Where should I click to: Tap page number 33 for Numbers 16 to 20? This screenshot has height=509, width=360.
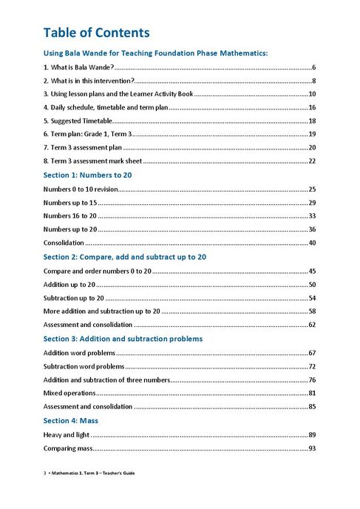[312, 216]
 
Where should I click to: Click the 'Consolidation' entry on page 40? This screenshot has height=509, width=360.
[64, 243]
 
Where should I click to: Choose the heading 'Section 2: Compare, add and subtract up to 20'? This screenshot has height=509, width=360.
[124, 257]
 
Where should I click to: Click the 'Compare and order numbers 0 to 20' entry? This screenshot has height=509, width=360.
[97, 271]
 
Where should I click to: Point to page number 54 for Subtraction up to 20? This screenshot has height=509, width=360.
[312, 297]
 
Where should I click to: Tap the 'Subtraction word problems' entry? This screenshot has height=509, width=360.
[84, 366]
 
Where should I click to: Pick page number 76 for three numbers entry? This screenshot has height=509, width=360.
[312, 380]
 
